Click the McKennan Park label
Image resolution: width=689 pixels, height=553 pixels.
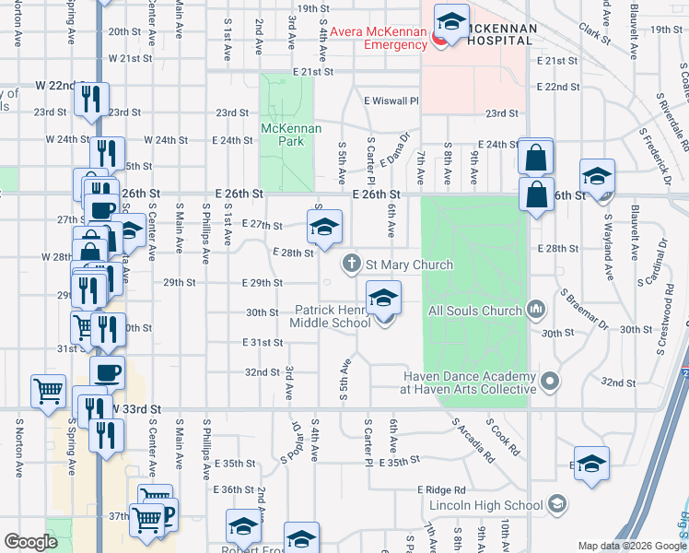291,135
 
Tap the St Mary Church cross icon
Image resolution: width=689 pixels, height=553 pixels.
351,265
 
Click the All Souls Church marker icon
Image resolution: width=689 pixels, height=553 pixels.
537,310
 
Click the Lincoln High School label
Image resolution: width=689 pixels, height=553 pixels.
486,505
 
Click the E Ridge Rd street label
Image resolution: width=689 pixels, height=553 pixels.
441,490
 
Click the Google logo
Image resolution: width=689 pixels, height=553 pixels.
30,542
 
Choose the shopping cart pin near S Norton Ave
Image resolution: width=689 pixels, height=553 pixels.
48,390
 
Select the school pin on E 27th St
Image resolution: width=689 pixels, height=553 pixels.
324,227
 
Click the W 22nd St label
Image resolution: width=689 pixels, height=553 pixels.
59,85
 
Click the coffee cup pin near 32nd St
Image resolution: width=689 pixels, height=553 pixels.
107,373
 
